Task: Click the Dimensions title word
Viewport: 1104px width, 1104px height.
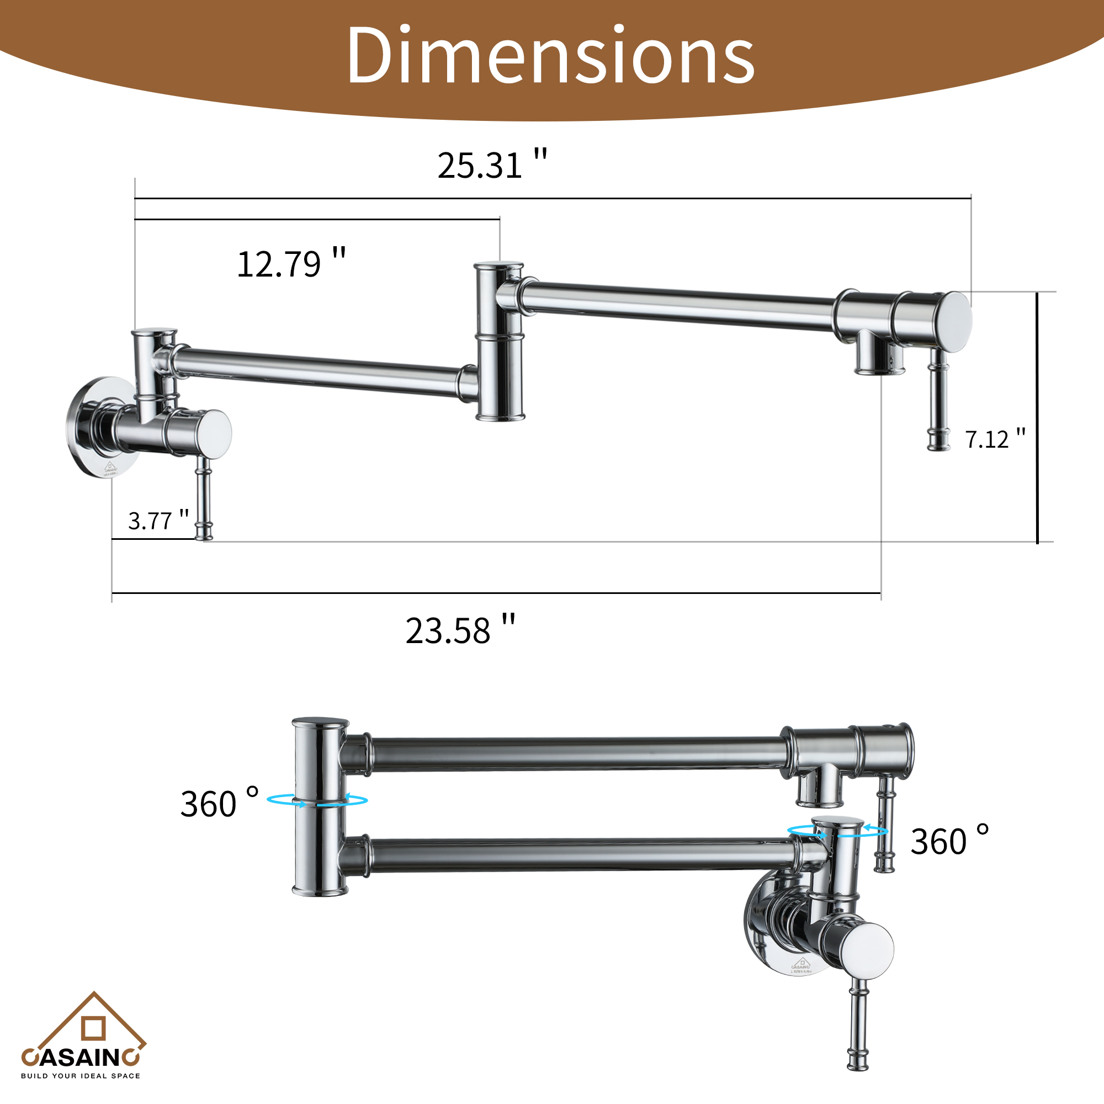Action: [x=550, y=55]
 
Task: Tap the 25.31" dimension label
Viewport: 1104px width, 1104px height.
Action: [x=491, y=165]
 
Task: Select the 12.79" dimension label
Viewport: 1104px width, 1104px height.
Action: [x=291, y=264]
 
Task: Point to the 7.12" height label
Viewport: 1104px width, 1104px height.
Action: [x=995, y=439]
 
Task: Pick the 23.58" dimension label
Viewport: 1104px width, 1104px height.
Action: [x=460, y=631]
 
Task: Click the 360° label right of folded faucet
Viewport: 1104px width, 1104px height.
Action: [x=948, y=841]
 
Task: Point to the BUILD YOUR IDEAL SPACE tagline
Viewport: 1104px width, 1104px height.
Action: [x=80, y=1076]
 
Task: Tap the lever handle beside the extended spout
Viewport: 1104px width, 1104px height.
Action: [x=938, y=400]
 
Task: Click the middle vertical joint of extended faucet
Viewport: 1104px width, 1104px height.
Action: [x=500, y=342]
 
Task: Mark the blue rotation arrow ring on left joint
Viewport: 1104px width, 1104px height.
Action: [x=317, y=800]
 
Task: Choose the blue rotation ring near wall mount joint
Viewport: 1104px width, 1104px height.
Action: [x=837, y=831]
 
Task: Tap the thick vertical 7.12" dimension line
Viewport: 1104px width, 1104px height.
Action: [x=1037, y=417]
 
